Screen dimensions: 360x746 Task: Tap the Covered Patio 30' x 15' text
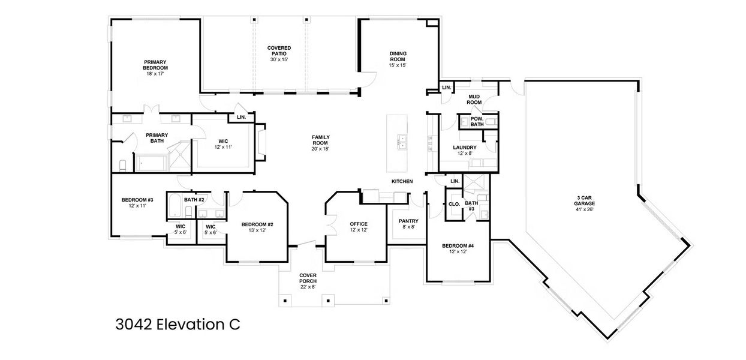[x=279, y=53]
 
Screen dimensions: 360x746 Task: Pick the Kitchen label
[x=402, y=181]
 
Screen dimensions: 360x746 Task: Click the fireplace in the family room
[x=261, y=143]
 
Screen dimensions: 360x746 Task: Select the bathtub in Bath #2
[x=175, y=206]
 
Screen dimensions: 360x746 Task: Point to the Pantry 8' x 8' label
[x=408, y=224]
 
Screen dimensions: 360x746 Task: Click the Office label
[x=359, y=227]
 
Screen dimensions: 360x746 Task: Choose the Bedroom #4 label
[x=458, y=248]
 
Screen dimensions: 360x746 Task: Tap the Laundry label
[x=465, y=150]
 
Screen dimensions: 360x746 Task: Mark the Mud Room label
[x=474, y=99]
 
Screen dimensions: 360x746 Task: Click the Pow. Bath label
[x=477, y=121]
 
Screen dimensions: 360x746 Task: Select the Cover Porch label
[x=308, y=281]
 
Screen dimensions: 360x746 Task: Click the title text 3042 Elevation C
[x=178, y=325]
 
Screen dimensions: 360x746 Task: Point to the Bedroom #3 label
[x=137, y=202]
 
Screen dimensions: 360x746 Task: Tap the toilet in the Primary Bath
[x=122, y=164]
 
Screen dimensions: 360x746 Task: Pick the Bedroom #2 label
[x=257, y=227]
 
